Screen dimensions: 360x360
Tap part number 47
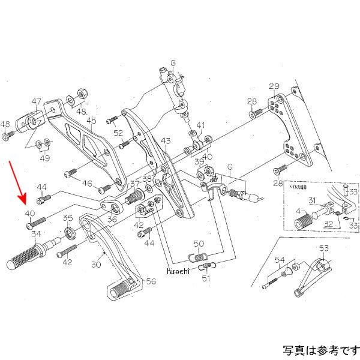click(37, 101)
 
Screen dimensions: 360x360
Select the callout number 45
click(91, 121)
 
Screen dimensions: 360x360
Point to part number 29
click(274, 86)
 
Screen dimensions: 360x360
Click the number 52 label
click(118, 133)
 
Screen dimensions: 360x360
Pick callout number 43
click(166, 141)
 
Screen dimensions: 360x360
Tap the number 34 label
click(36, 234)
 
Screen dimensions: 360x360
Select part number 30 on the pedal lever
click(96, 264)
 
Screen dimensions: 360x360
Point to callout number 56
click(150, 280)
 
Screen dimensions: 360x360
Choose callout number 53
click(324, 248)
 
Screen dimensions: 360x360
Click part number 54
click(279, 259)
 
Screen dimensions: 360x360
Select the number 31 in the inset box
click(312, 200)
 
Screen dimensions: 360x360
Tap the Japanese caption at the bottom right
click(320, 349)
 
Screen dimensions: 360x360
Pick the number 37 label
click(135, 184)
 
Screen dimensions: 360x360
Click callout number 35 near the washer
click(68, 218)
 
